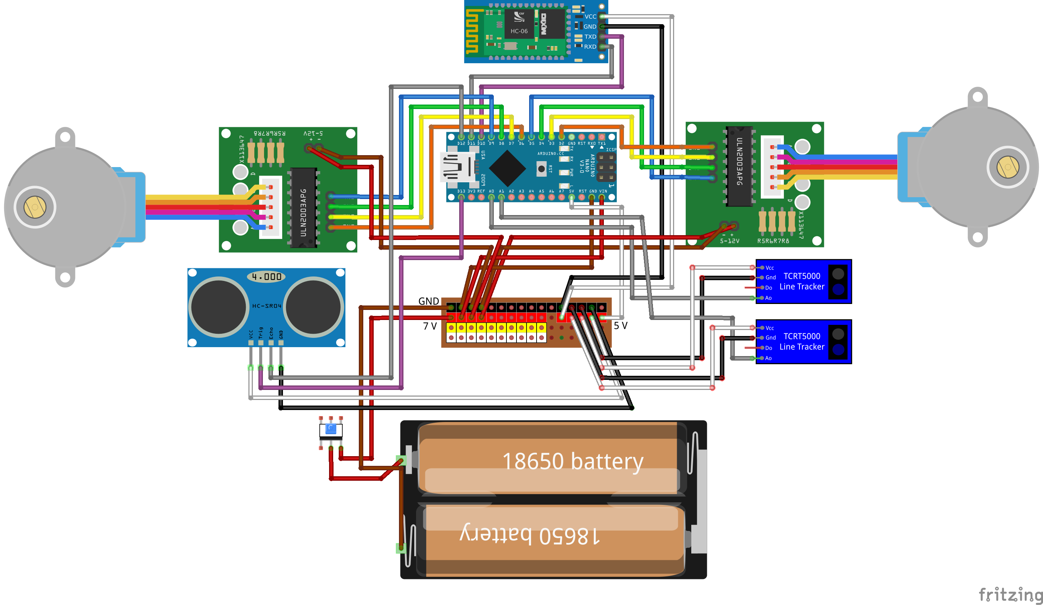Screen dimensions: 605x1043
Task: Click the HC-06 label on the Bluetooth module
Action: click(519, 31)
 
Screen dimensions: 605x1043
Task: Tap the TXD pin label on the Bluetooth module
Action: click(590, 37)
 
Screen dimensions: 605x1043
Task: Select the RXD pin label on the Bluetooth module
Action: click(590, 47)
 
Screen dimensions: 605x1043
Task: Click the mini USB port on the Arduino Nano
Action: click(457, 167)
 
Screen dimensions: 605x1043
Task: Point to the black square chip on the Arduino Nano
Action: click(507, 168)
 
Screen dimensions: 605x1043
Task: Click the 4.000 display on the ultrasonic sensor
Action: click(267, 276)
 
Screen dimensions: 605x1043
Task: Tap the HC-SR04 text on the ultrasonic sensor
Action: click(267, 306)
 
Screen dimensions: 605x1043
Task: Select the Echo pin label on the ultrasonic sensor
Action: click(271, 333)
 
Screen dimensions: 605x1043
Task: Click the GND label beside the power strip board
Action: click(428, 301)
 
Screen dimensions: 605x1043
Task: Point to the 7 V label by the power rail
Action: click(429, 326)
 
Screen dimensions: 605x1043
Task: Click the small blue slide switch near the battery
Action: click(331, 429)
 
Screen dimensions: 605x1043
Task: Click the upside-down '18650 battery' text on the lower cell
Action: click(530, 535)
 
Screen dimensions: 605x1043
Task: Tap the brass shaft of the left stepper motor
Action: click(35, 207)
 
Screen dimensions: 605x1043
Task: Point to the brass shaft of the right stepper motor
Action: click(1007, 167)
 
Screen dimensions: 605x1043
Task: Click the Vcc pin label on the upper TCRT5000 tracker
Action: click(769, 268)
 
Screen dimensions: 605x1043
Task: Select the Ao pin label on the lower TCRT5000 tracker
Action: click(768, 358)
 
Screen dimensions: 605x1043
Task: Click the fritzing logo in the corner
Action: click(1010, 595)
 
